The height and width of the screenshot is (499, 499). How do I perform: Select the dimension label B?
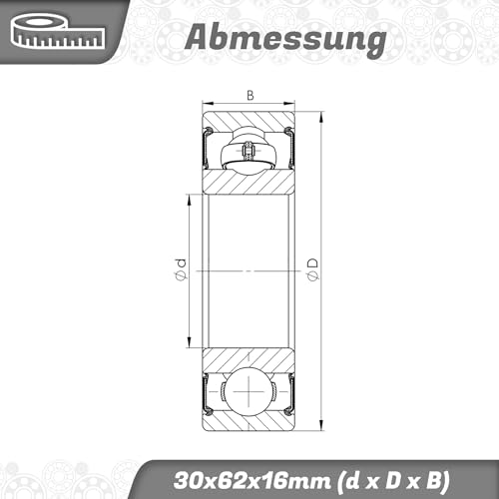tap(249, 97)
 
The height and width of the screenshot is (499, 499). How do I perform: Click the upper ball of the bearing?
tap(248, 153)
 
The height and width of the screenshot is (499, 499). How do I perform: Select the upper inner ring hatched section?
tap(249, 182)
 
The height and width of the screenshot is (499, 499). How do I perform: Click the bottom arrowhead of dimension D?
tap(322, 429)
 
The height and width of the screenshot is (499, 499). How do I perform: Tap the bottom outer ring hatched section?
tap(249, 423)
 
